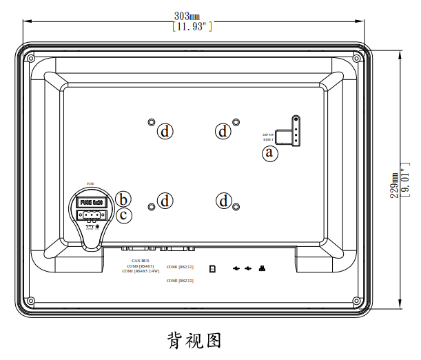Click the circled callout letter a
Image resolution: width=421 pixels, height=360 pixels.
[x=270, y=153]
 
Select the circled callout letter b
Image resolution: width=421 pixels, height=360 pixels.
[x=123, y=199]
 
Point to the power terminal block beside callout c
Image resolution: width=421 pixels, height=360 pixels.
[x=90, y=214]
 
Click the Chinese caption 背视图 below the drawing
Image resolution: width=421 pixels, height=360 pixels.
[x=194, y=340]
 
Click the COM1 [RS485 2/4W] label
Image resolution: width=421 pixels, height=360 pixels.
[x=141, y=272]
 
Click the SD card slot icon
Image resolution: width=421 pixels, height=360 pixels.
[x=213, y=268]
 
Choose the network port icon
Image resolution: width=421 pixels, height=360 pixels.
[x=261, y=268]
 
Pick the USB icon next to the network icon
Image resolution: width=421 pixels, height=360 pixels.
[x=248, y=268]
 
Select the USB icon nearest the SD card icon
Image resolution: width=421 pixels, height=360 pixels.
[x=236, y=268]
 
